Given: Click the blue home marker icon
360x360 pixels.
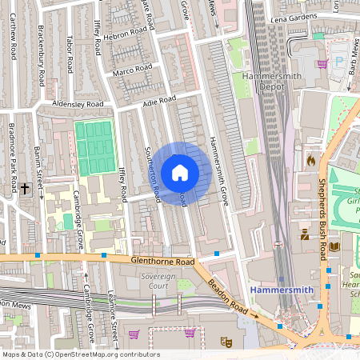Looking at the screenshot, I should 180,173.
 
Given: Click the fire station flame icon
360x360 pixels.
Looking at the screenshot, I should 311,160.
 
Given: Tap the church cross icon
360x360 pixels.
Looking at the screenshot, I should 26,189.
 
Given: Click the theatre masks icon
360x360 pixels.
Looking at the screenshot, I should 226,341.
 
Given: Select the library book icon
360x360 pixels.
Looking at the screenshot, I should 334,246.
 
